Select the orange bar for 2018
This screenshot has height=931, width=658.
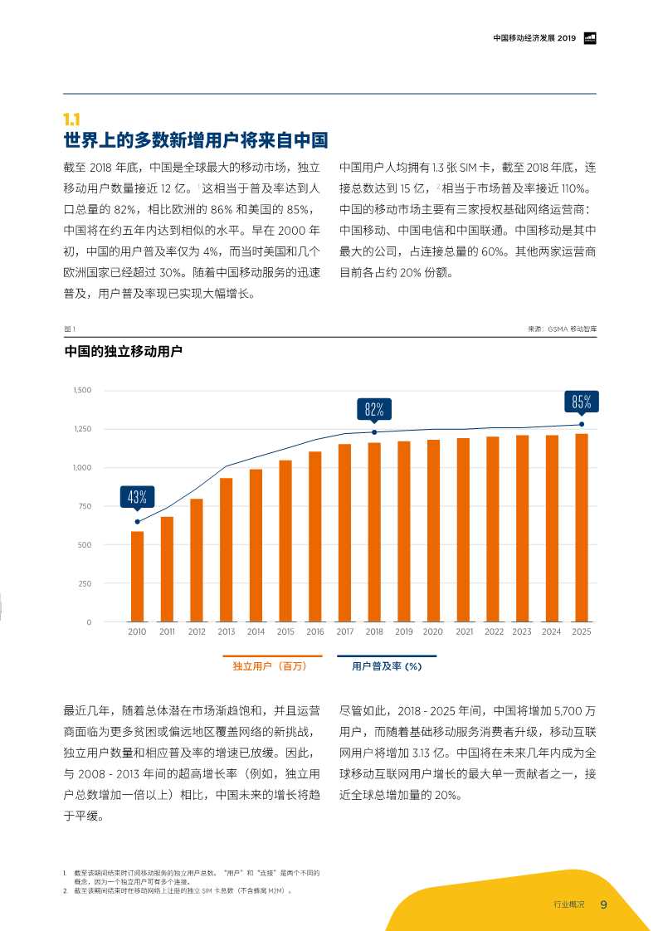click(x=374, y=532)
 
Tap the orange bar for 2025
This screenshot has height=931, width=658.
click(x=582, y=527)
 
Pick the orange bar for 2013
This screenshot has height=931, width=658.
click(x=226, y=549)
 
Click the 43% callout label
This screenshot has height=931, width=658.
click(x=137, y=498)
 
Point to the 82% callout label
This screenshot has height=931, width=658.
click(x=374, y=409)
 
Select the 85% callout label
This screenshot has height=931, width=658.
click(x=582, y=402)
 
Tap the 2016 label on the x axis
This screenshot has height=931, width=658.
click(x=315, y=632)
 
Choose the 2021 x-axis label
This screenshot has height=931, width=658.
click(x=464, y=632)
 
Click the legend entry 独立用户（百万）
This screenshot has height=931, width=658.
click(x=266, y=665)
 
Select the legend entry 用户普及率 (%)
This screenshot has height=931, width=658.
click(x=387, y=665)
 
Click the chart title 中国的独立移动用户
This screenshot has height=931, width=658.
click(x=123, y=352)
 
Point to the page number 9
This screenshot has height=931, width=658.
click(x=603, y=904)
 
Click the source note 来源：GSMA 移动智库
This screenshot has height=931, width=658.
click(x=562, y=329)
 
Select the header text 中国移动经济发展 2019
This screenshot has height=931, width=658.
click(x=534, y=38)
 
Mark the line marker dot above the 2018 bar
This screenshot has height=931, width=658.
click(x=374, y=432)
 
